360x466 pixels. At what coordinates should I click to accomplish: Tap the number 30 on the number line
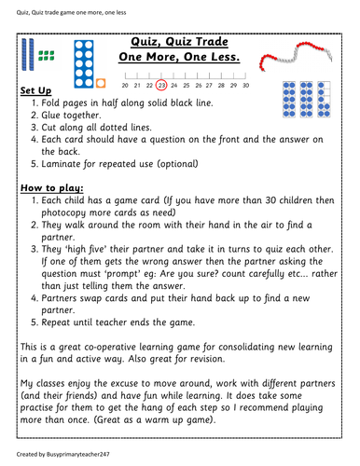point(244,84)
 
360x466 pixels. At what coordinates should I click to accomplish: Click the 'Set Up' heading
point(35,90)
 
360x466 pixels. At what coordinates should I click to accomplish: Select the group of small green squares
point(53,53)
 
